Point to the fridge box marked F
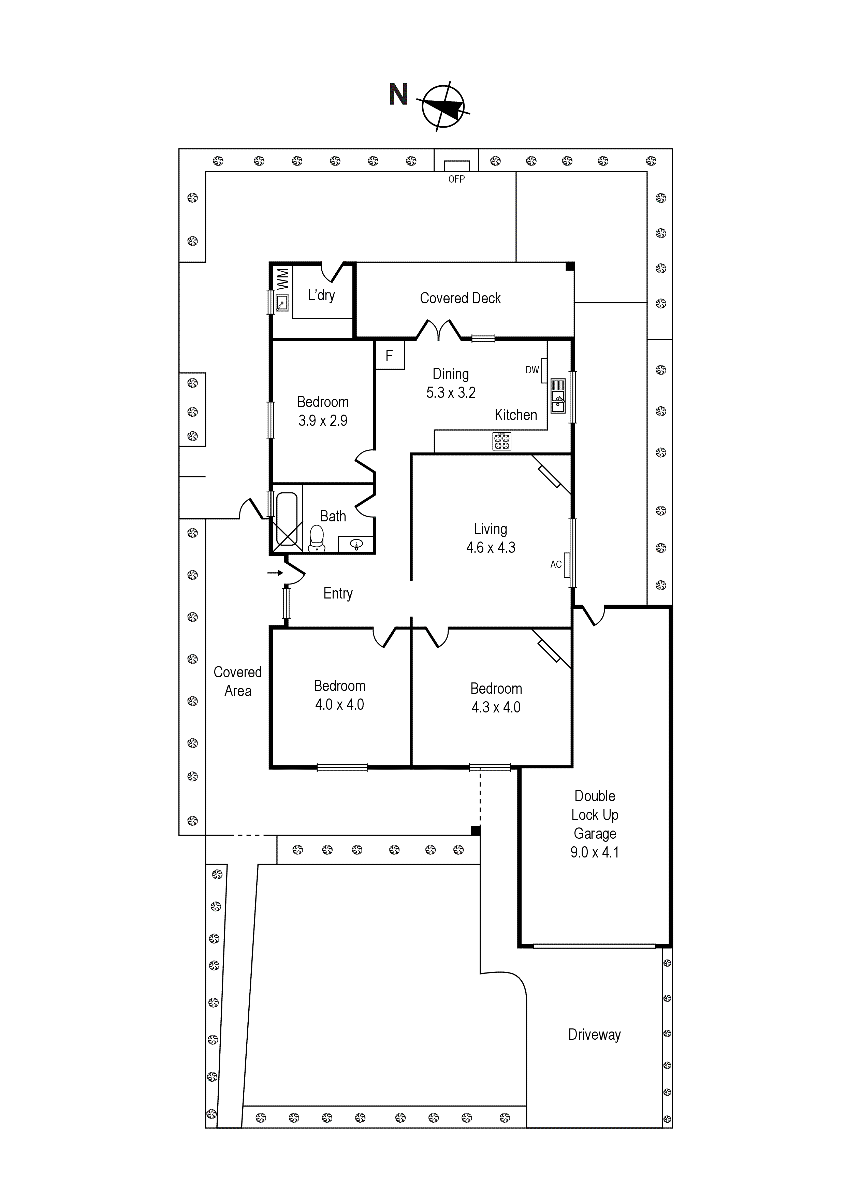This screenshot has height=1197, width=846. (x=389, y=355)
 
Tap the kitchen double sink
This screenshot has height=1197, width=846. (x=558, y=396)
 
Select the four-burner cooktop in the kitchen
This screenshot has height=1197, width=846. (x=501, y=442)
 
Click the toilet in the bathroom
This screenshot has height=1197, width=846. (x=317, y=538)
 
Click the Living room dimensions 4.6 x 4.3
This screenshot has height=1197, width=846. (x=491, y=547)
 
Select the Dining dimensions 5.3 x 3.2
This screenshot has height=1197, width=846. (x=451, y=392)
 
